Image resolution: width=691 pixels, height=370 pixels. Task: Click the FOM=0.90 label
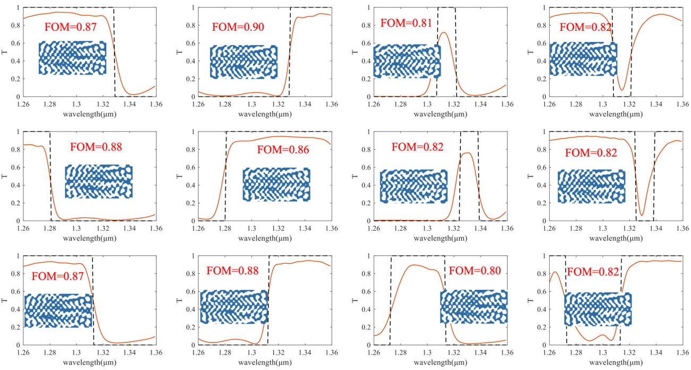point(238,27)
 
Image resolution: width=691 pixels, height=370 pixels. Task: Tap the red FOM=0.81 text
point(407,23)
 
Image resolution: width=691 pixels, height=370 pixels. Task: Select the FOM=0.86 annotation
point(283,149)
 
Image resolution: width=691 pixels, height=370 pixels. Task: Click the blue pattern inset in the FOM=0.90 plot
point(244,62)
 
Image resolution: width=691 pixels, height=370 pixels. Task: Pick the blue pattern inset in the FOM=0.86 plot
point(276,184)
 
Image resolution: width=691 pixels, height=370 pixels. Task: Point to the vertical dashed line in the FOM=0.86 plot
point(225,175)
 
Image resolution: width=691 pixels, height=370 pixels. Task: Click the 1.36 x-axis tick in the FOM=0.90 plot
point(332,105)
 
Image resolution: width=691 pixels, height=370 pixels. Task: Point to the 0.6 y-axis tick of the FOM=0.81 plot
point(366,43)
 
